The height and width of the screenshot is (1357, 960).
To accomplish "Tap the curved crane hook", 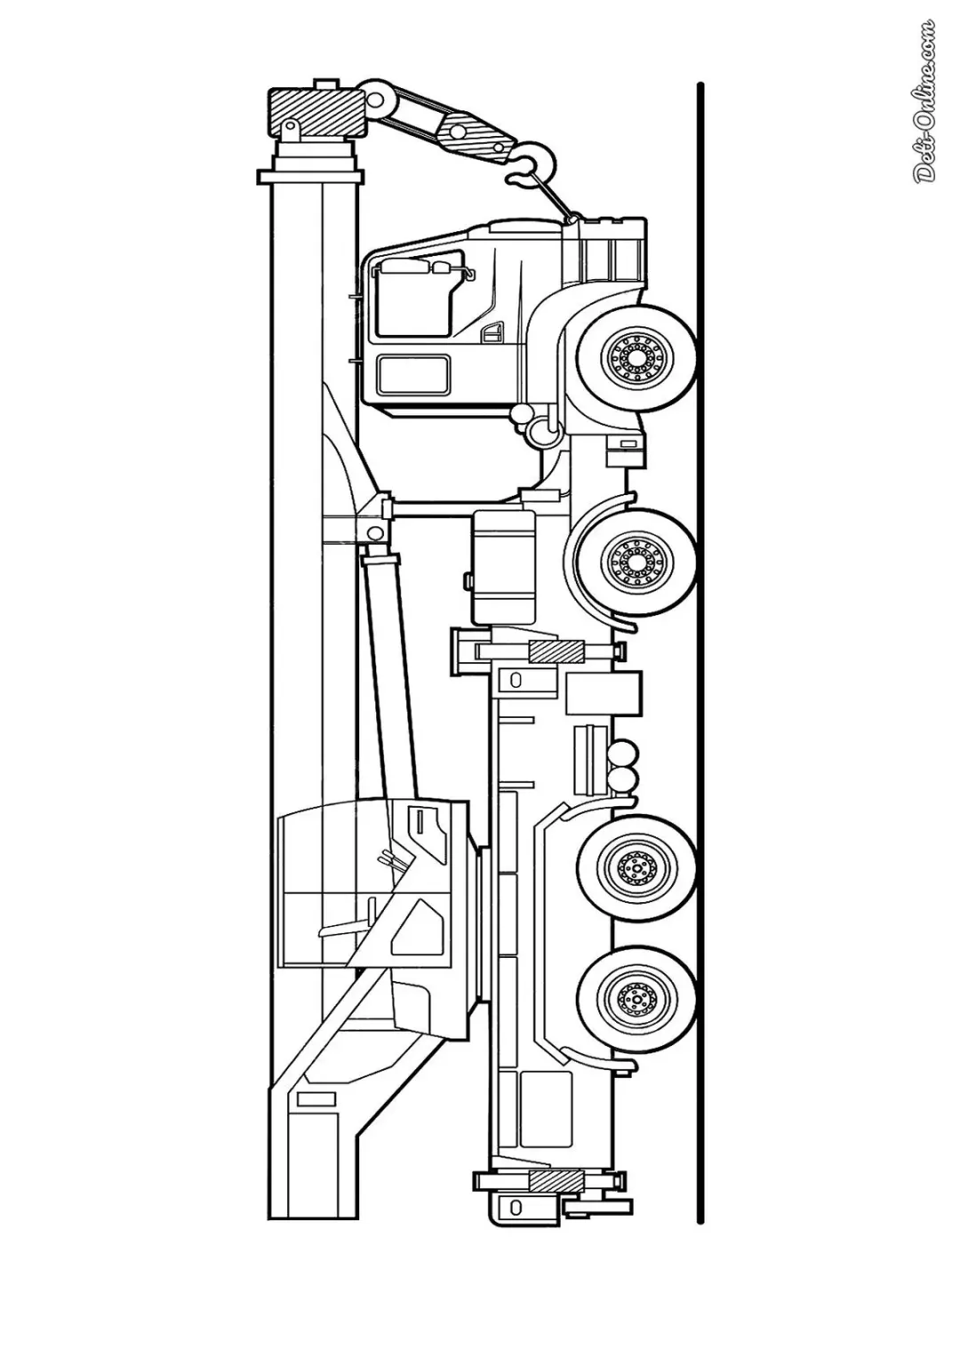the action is (x=534, y=163).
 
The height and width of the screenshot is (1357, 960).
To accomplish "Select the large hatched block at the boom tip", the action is (x=316, y=113).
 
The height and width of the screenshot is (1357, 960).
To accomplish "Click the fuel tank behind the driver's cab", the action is (x=504, y=567).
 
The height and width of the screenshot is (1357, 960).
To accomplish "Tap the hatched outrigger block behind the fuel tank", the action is (x=556, y=652).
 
